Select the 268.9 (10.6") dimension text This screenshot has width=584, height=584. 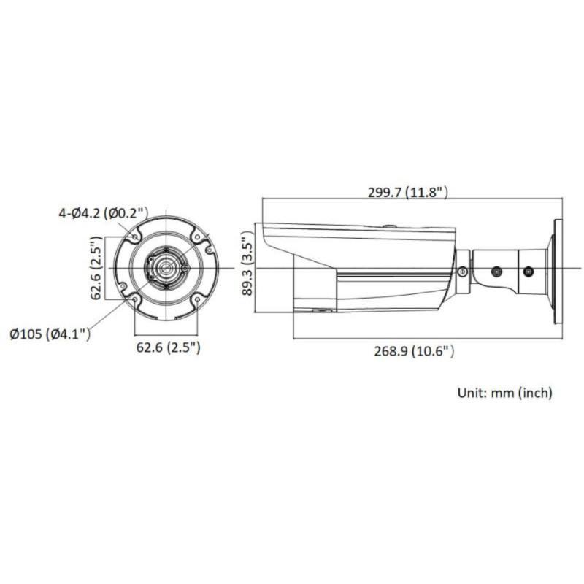click(415, 351)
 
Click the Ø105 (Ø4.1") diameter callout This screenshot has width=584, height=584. click(50, 334)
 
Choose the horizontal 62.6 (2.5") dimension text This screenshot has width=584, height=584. click(167, 347)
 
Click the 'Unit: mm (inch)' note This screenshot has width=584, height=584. click(504, 393)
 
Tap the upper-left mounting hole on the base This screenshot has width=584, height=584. click(134, 236)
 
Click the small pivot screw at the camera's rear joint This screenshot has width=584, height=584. click(462, 271)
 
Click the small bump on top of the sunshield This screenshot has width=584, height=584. click(388, 224)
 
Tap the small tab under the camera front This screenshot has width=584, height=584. click(318, 312)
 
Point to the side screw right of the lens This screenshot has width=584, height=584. click(185, 270)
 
